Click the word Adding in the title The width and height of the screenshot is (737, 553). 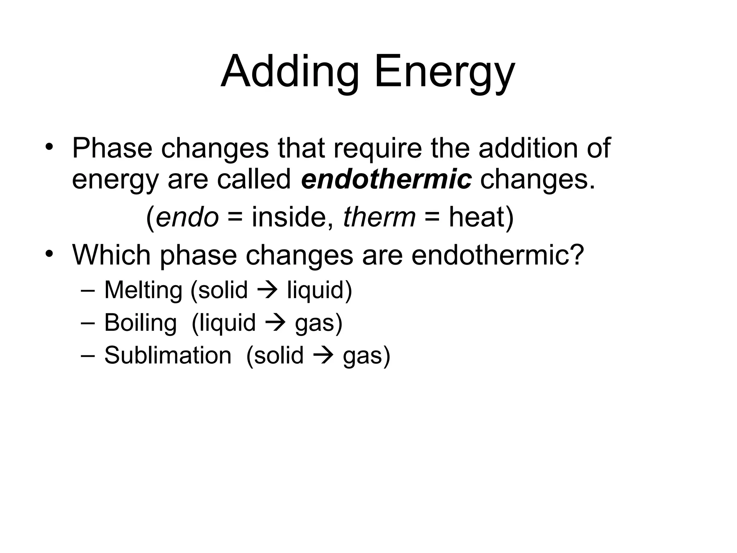[x=290, y=72]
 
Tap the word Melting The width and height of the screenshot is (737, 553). [x=143, y=290]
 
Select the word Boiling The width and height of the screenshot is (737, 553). [x=140, y=323]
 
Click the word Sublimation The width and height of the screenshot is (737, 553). [x=168, y=355]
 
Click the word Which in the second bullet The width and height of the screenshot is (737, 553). [x=111, y=255]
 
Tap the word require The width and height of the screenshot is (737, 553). [x=377, y=148]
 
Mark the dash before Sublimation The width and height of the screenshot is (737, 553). [x=88, y=355]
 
